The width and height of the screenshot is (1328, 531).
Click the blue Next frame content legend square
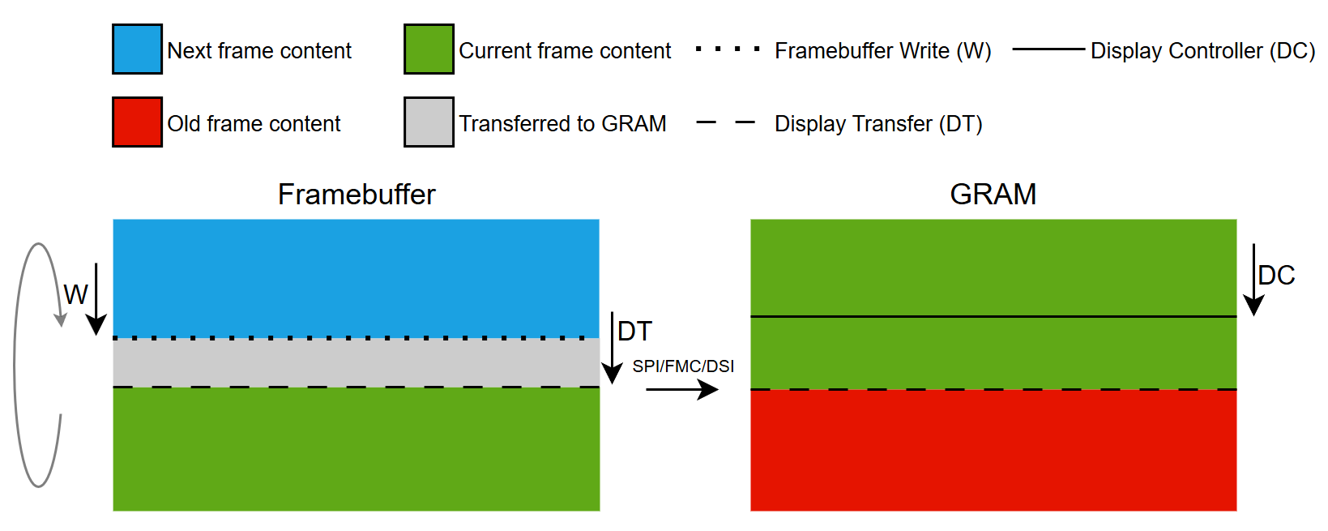[137, 49]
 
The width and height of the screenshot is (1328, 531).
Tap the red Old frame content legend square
[137, 122]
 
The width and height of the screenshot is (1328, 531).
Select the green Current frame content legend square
[429, 49]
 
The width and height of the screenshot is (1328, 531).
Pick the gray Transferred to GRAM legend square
[429, 122]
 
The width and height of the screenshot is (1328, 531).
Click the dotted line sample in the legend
[728, 49]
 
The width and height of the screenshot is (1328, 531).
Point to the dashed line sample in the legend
[725, 123]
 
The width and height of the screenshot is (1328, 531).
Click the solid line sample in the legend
[1048, 49]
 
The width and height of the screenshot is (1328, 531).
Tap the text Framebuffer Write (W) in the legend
[882, 51]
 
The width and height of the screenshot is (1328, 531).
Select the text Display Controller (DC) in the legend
[1202, 51]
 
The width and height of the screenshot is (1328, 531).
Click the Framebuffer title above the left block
[357, 195]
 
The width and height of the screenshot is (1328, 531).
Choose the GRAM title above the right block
[993, 195]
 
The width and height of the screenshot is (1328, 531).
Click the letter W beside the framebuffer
[75, 294]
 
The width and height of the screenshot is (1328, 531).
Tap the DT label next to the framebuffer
[634, 331]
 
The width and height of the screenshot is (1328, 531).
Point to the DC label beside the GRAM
[1276, 276]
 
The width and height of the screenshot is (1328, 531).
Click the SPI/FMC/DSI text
[683, 366]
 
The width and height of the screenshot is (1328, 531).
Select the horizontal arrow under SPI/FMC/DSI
[681, 390]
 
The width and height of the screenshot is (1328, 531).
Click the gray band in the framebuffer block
[357, 362]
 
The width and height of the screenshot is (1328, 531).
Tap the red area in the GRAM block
[993, 450]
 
